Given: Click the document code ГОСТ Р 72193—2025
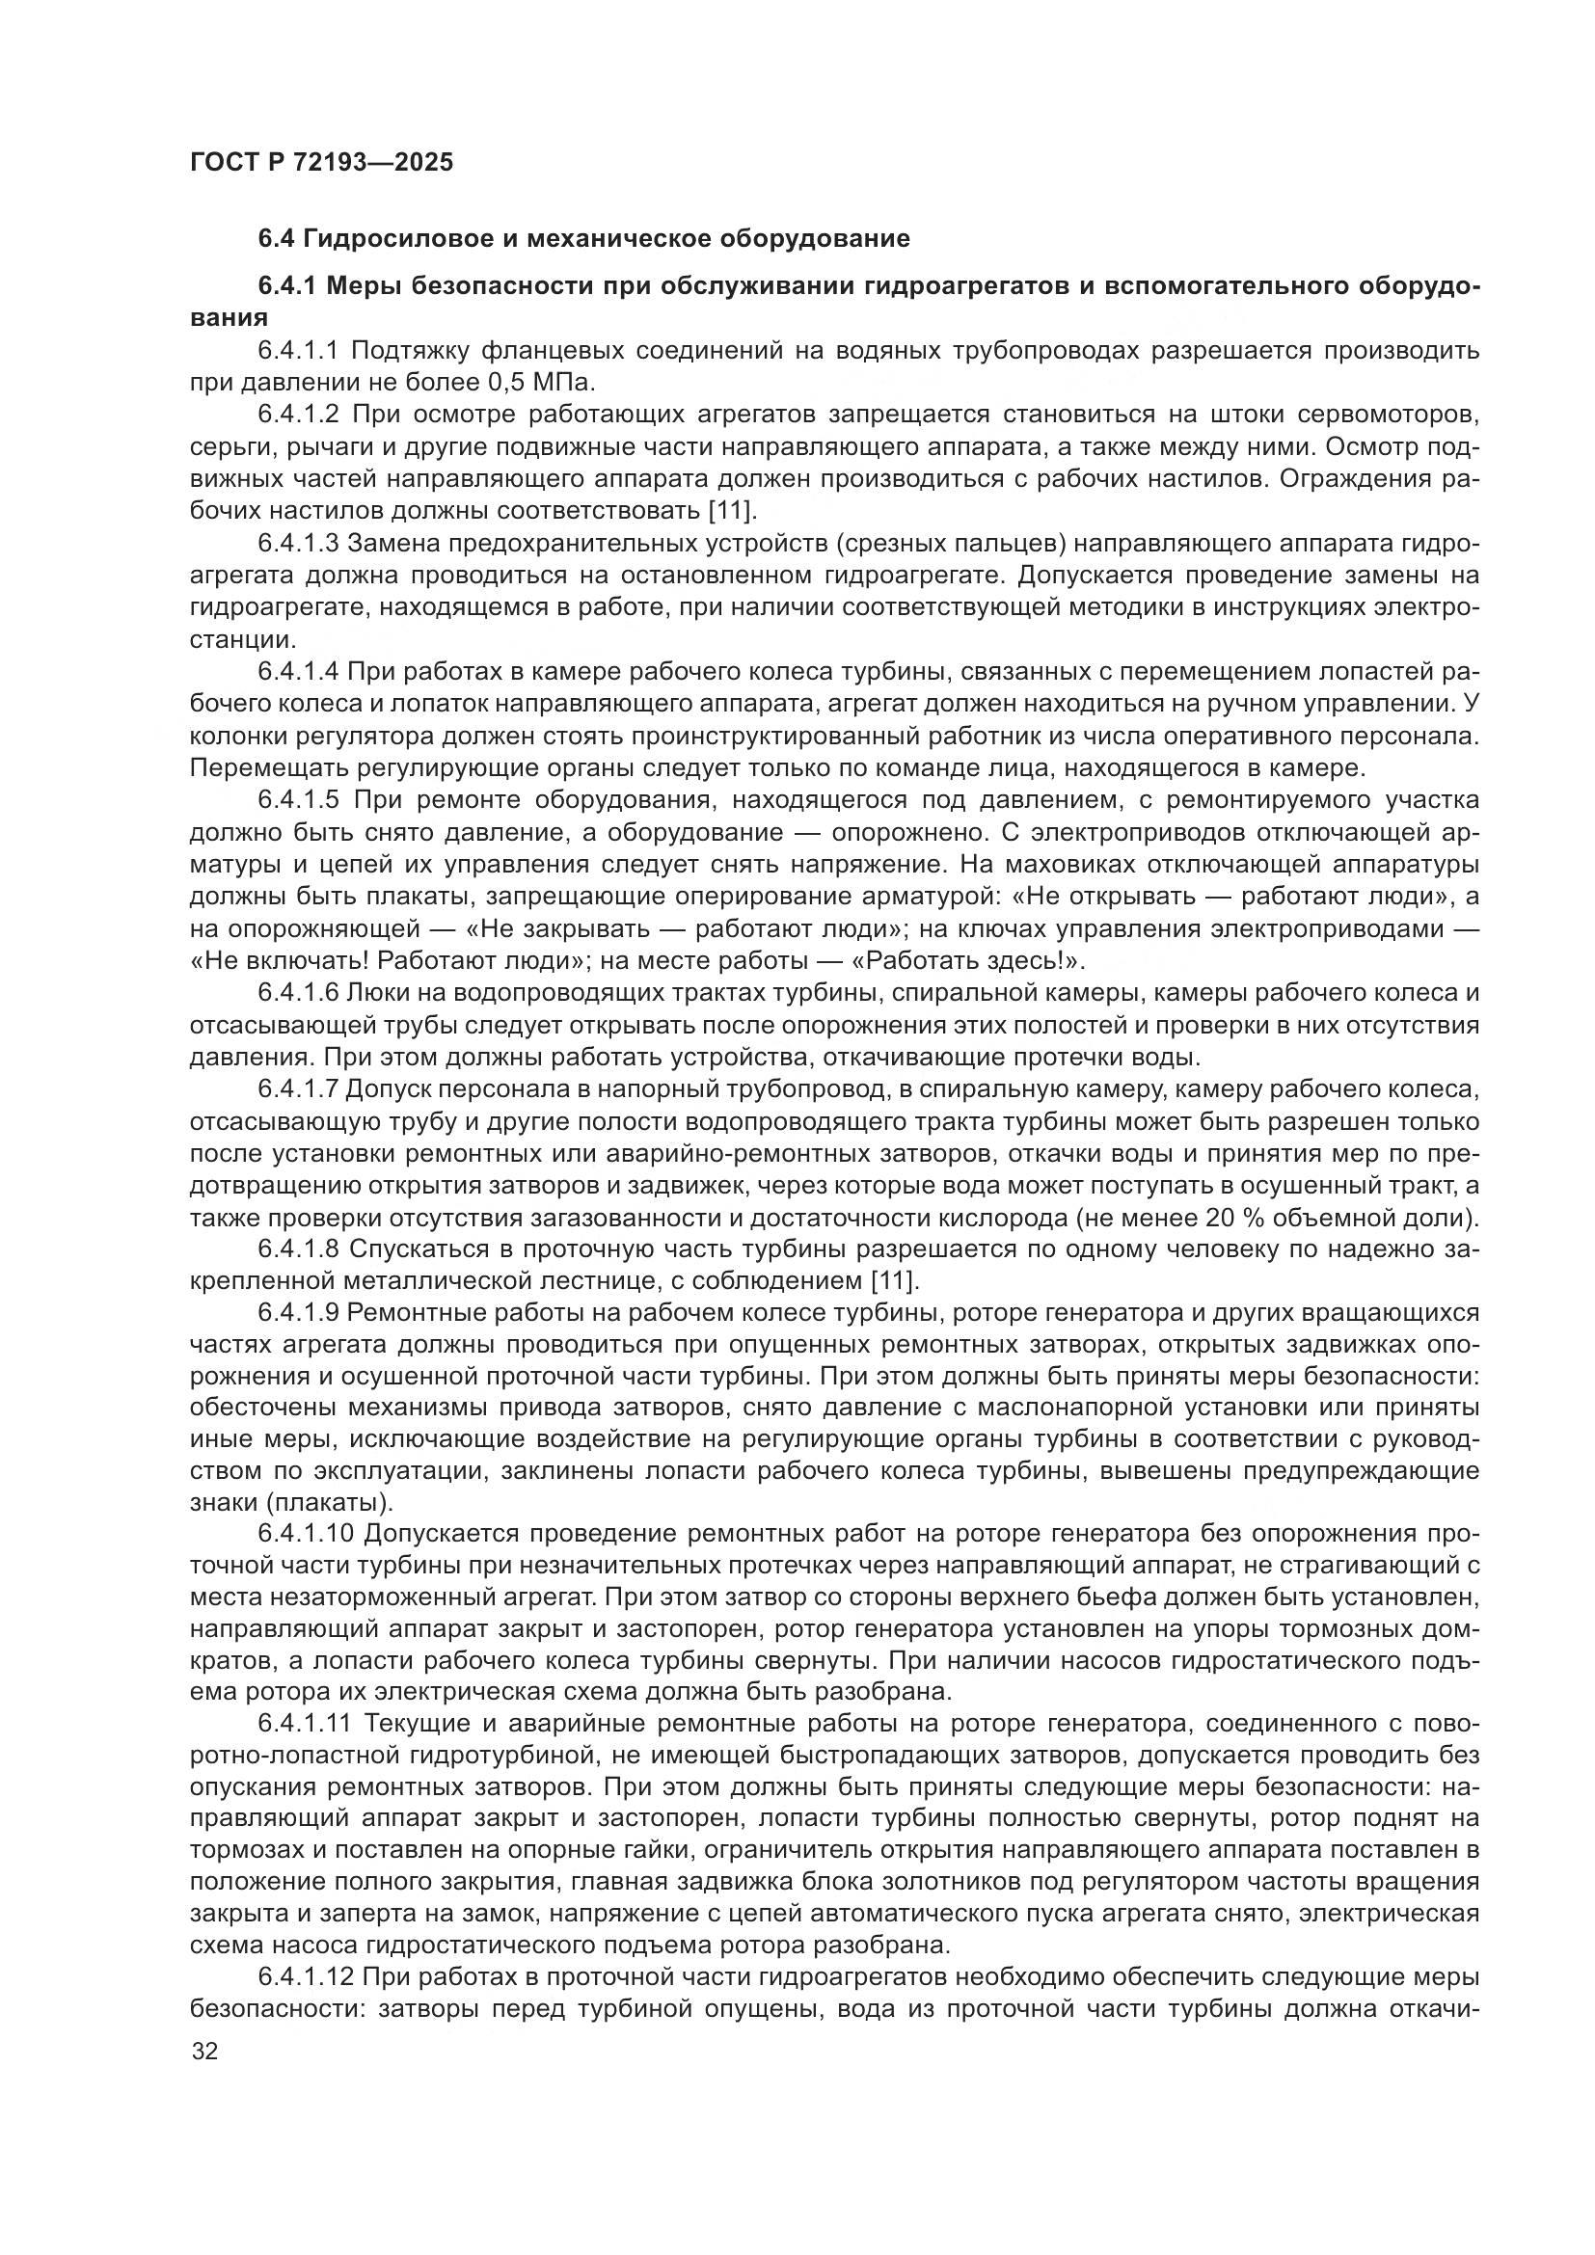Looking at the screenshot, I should tap(321, 162).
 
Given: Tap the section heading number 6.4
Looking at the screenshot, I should tap(276, 239).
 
